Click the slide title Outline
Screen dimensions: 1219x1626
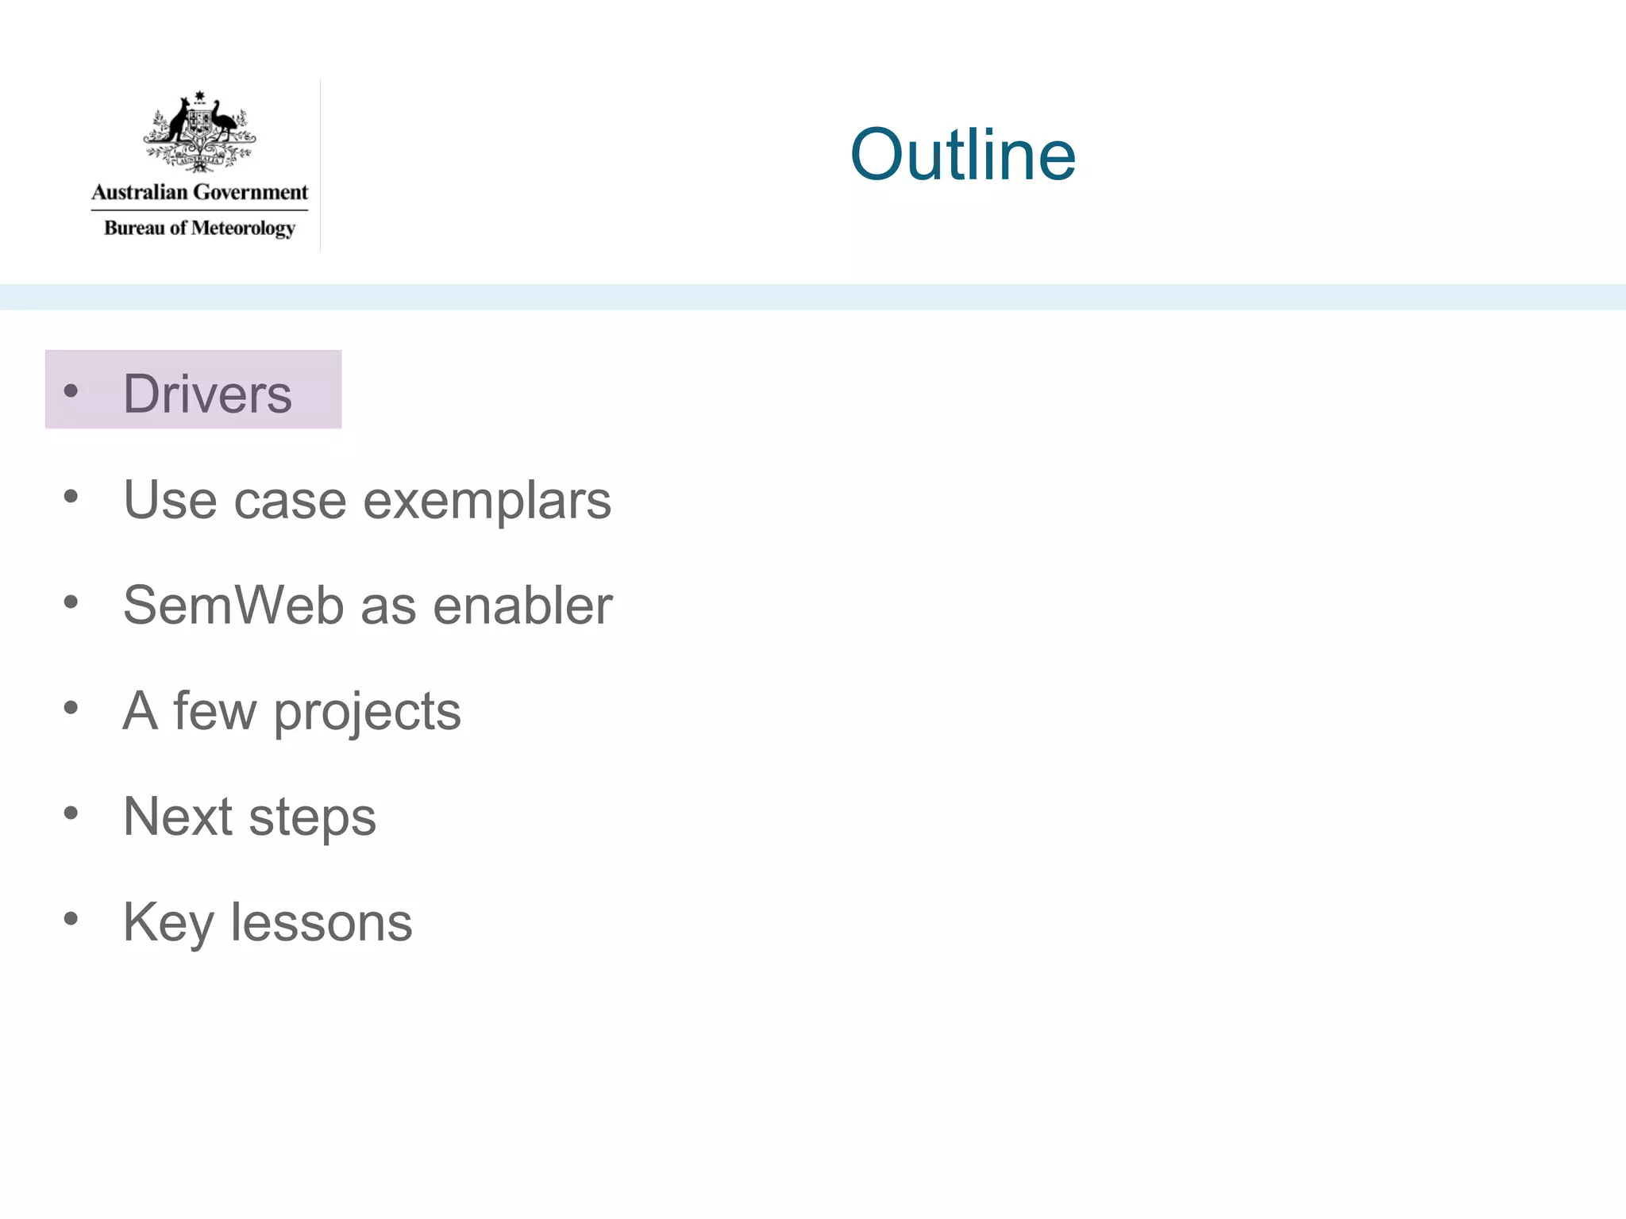coord(962,155)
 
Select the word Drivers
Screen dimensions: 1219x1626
coord(208,394)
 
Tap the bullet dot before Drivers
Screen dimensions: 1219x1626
coord(71,390)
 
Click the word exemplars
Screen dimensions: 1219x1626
coord(487,501)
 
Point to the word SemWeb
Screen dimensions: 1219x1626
coord(234,606)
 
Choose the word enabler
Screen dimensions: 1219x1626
coord(522,606)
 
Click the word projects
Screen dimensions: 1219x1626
coord(367,712)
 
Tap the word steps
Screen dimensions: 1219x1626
coord(312,817)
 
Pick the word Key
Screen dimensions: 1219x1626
coord(168,923)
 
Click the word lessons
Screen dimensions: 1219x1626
coord(322,922)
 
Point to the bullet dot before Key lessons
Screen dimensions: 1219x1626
coord(71,919)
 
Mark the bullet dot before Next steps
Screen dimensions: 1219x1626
coord(71,813)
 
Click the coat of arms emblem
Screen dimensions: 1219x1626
coord(199,132)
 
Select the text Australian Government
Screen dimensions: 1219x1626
coord(199,192)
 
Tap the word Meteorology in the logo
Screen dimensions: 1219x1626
coord(243,229)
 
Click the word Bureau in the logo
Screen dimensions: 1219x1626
coord(134,228)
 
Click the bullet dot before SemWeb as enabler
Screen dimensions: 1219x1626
coord(71,602)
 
